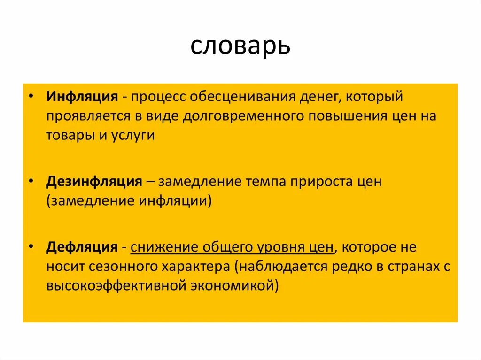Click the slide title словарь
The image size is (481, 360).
click(240, 46)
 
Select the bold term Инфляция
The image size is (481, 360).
click(82, 97)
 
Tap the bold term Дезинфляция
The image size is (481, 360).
click(94, 182)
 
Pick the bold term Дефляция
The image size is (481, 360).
click(82, 247)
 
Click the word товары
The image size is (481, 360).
click(69, 136)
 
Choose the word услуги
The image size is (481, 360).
click(133, 136)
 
